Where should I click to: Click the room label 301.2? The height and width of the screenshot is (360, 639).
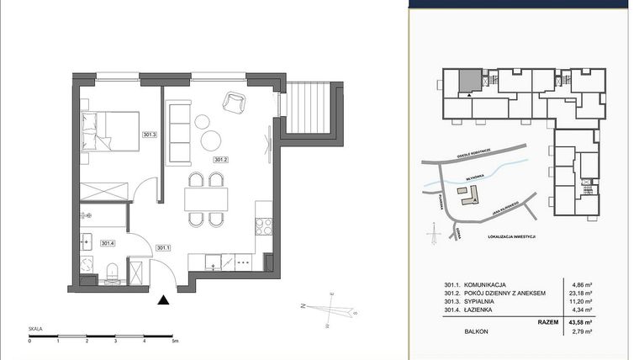(x=221, y=160)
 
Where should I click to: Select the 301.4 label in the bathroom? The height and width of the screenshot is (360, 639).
(x=107, y=244)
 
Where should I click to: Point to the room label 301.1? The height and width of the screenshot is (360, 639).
(x=162, y=247)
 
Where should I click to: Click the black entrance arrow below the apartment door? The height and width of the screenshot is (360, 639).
(x=163, y=298)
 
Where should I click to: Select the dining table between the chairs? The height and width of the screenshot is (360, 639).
(x=206, y=199)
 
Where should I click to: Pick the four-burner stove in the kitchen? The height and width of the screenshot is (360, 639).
(x=261, y=225)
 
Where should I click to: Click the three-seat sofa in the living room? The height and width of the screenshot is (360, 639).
(x=178, y=132)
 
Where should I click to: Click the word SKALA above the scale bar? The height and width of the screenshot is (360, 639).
(x=35, y=331)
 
